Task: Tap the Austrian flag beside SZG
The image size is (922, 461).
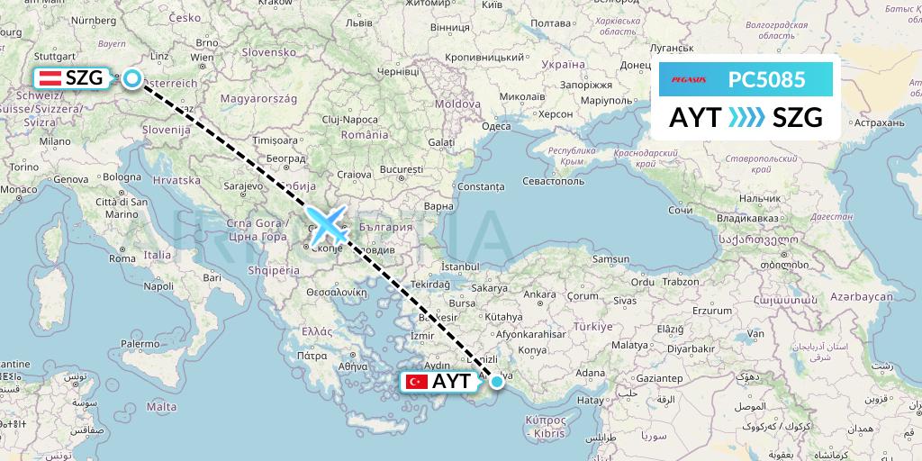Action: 49,78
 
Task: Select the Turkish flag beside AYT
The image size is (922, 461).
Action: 416,382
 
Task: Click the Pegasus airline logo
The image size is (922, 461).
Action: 689,80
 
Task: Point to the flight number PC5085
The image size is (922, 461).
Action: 766,80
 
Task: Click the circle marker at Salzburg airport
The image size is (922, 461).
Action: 132,78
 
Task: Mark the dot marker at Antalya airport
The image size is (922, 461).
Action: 496,382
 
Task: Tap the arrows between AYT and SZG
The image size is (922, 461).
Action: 745,118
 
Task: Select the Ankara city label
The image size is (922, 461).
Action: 539,294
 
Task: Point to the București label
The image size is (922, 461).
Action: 402,169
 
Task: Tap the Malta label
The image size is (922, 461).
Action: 162,407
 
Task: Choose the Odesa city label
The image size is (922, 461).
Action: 496,126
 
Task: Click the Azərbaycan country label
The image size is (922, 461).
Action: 860,296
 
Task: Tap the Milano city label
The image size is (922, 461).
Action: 54,141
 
